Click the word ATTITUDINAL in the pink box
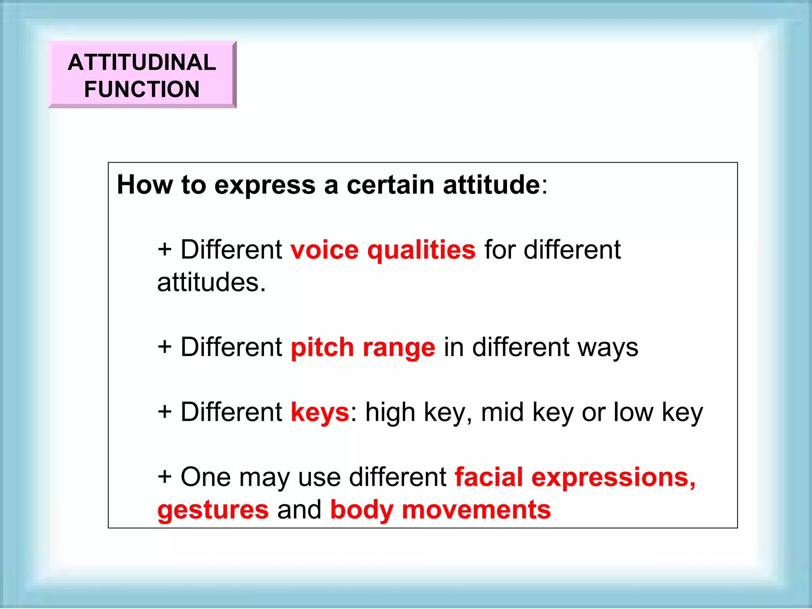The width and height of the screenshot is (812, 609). [142, 62]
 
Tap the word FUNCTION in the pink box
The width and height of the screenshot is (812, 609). [142, 89]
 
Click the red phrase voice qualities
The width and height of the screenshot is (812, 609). [383, 250]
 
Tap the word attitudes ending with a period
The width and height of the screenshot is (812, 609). [211, 283]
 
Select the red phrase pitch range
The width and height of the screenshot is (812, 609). [363, 348]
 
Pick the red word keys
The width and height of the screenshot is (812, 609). [320, 412]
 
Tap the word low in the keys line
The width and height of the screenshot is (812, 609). [633, 412]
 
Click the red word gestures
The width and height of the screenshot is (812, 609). [213, 510]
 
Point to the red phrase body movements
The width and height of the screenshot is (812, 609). [440, 510]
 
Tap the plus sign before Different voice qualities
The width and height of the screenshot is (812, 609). [165, 250]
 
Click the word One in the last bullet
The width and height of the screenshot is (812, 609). [205, 477]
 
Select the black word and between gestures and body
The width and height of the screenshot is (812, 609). [299, 510]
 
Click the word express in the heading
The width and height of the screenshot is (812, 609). [265, 186]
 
